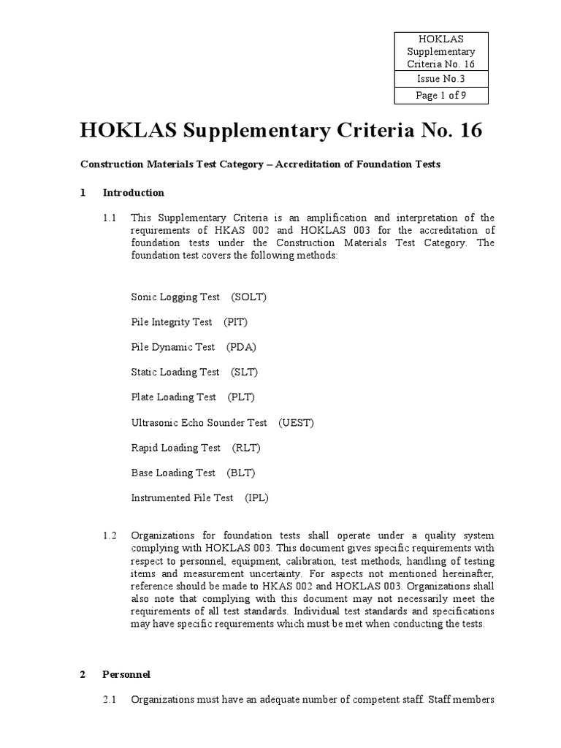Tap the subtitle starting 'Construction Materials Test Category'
pyautogui.click(x=260, y=164)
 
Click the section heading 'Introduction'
pyautogui.click(x=134, y=193)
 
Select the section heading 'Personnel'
pyautogui.click(x=126, y=674)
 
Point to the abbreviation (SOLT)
pyautogui.click(x=249, y=297)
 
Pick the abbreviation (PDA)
pyautogui.click(x=241, y=347)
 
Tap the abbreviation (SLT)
pyautogui.click(x=245, y=372)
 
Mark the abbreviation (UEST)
pyautogui.click(x=296, y=422)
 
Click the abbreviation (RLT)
pyautogui.click(x=246, y=448)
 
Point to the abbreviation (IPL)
pyautogui.click(x=256, y=497)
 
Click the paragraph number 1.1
pyautogui.click(x=110, y=218)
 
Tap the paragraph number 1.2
pyautogui.click(x=110, y=535)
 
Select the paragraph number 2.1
pyautogui.click(x=110, y=700)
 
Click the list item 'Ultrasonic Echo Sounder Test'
pyautogui.click(x=199, y=422)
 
